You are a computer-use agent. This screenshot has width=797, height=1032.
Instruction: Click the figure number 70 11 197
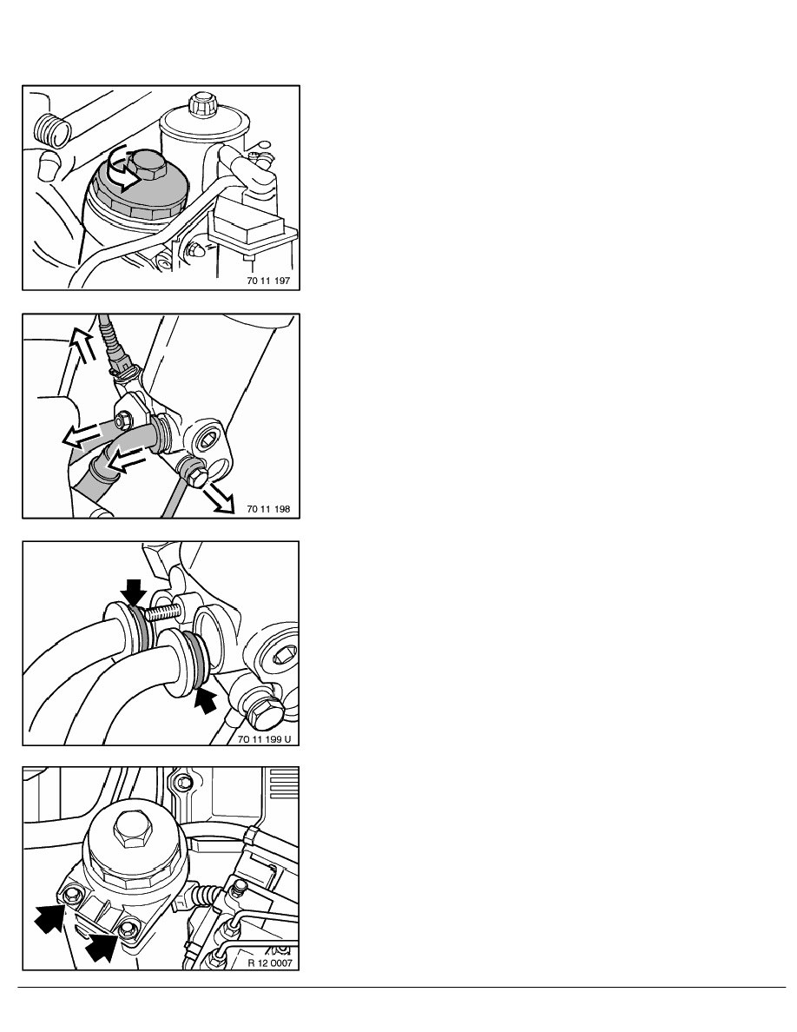(268, 281)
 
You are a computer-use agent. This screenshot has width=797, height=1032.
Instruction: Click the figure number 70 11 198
(268, 509)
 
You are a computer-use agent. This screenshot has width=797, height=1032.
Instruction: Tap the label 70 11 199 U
(264, 739)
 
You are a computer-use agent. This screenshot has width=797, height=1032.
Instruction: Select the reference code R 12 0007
(270, 963)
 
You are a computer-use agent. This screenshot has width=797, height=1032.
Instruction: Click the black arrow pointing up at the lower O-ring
(205, 700)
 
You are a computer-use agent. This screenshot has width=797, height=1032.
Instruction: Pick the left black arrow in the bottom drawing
(50, 916)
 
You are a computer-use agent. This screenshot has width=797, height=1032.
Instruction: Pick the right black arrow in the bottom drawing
(102, 944)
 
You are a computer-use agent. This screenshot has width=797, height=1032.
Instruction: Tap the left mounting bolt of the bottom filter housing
(71, 895)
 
